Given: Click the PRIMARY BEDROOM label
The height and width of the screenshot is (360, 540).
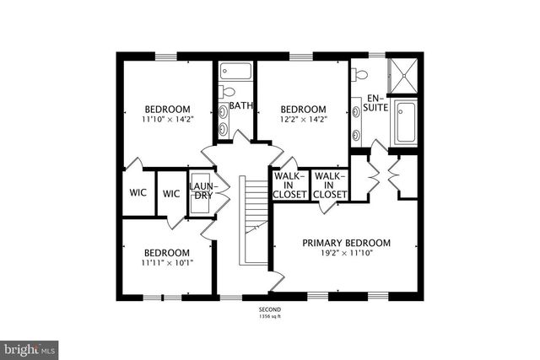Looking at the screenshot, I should tap(359, 243).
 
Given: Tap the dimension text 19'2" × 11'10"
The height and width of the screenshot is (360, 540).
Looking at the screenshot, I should tap(359, 252).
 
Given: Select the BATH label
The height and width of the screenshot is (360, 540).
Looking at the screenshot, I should tap(241, 106).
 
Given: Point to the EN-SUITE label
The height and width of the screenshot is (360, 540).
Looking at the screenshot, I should tap(375, 104).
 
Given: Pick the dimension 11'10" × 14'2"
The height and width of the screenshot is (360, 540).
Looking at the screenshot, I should tap(166, 119).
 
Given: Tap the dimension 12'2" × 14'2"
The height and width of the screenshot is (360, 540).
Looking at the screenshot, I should tap(303, 119).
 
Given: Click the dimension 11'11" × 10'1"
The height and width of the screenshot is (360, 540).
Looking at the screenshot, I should tap(166, 262).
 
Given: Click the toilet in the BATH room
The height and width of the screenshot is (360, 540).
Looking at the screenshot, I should tap(227, 90).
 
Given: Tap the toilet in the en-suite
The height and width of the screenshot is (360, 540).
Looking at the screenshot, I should tap(360, 74).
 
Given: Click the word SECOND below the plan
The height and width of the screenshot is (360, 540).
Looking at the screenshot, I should tap(269, 310).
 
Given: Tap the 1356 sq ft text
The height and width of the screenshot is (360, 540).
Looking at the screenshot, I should tap(269, 317).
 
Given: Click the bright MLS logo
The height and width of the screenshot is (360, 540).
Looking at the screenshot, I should tap(30, 347).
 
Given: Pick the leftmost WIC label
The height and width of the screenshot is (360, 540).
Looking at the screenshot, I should tap(138, 193).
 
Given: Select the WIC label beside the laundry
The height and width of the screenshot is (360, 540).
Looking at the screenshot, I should tap(171, 193).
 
